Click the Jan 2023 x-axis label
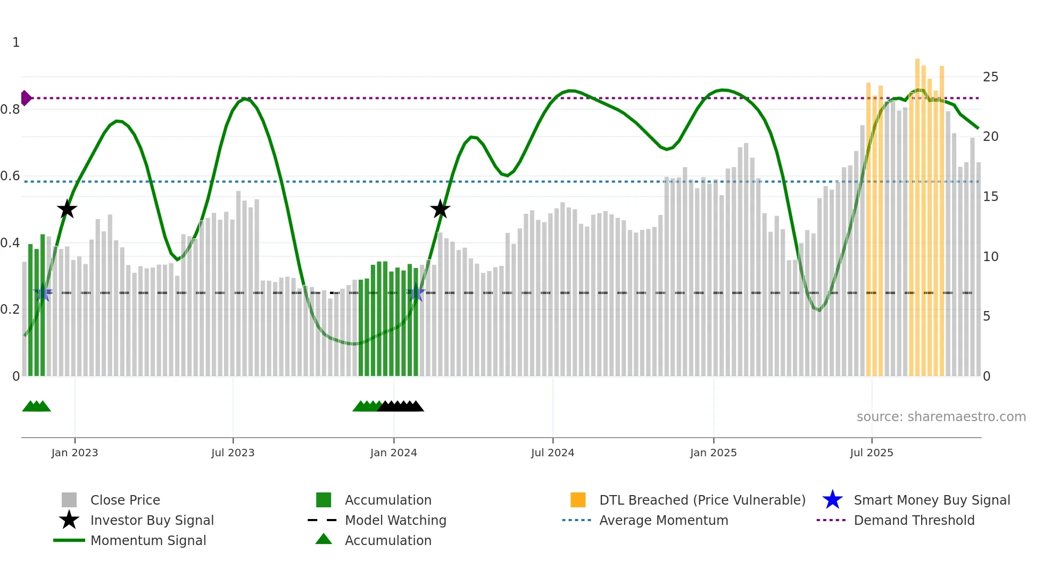(74, 453)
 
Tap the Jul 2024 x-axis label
(552, 453)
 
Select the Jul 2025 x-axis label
(871, 453)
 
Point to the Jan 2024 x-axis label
(393, 453)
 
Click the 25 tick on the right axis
(990, 77)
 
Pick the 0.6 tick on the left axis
(10, 176)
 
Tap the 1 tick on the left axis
(16, 43)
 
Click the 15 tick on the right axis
(990, 197)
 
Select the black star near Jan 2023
(67, 209)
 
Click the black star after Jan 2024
(440, 209)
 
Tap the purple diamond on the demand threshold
(25, 98)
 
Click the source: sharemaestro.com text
(941, 417)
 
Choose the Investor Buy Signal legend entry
(152, 520)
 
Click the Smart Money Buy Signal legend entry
(931, 500)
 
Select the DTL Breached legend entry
(702, 500)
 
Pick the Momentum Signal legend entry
(148, 540)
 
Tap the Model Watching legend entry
(395, 520)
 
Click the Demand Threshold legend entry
(914, 520)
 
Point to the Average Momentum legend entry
(663, 520)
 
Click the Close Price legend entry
(125, 500)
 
